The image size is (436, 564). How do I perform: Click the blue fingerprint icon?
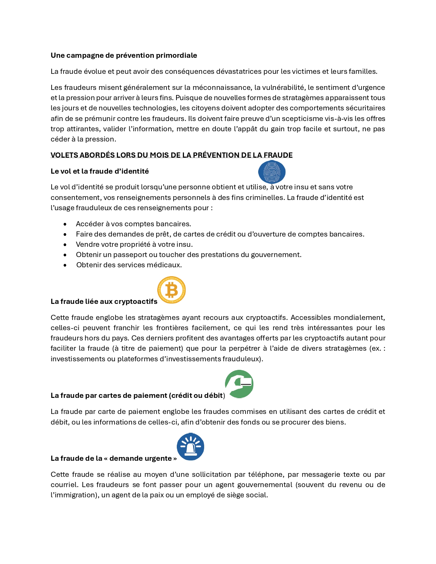pos(272,172)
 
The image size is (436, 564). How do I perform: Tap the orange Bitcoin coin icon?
pos(171,290)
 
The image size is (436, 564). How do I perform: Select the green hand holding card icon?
pos(239,384)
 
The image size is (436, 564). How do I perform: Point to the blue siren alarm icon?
pos(190,447)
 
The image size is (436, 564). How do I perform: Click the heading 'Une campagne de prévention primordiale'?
pos(124,55)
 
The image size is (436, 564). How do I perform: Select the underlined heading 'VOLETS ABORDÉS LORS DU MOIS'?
pos(171,155)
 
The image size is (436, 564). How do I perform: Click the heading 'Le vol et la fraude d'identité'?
pos(100,171)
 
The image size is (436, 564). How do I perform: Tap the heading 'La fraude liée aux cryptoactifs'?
pos(104,301)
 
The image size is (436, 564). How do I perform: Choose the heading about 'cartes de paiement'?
pos(137,395)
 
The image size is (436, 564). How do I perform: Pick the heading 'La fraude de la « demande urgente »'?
pos(114,458)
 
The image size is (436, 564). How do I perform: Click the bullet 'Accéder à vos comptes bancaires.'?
pos(133,224)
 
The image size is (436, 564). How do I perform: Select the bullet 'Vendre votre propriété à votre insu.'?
pos(134,244)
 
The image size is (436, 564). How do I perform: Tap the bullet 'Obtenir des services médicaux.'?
pos(129,265)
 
